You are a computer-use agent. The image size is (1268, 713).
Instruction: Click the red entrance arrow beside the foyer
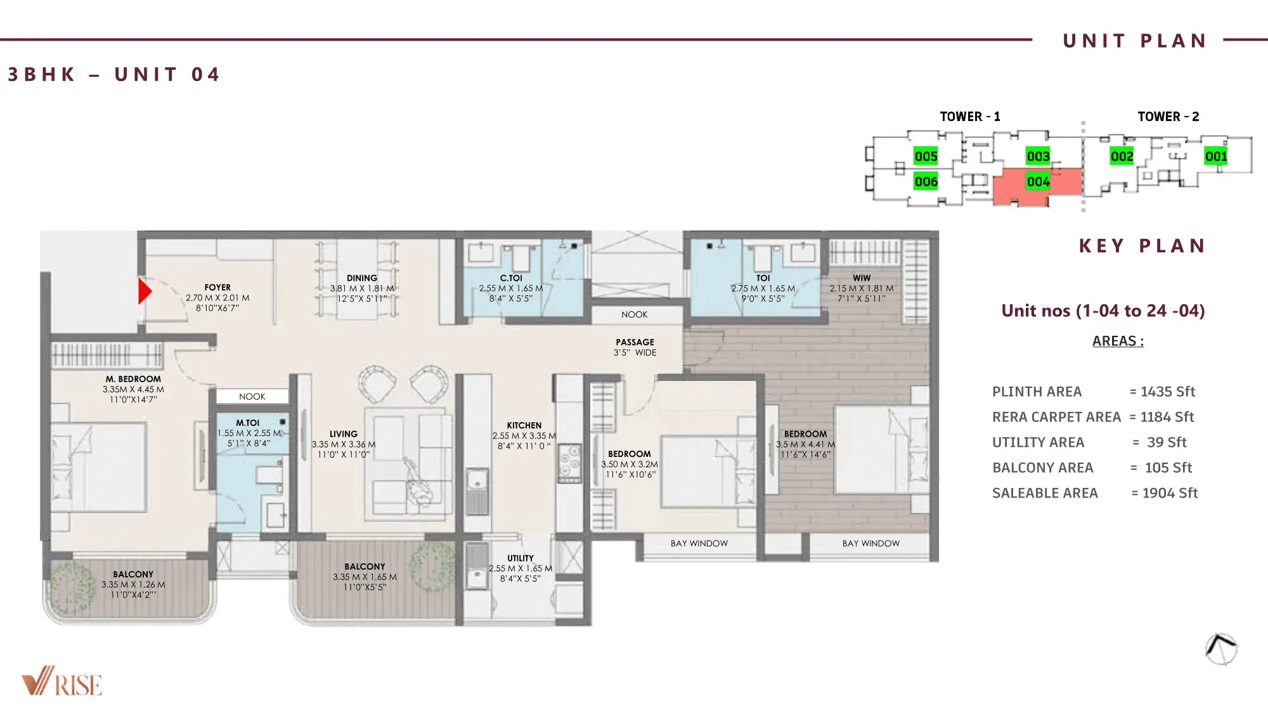click(145, 292)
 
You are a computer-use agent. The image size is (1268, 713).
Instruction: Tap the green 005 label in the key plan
click(926, 156)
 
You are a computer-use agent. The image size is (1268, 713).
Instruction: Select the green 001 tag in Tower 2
click(1216, 156)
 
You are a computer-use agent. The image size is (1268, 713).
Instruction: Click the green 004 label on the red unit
click(1038, 182)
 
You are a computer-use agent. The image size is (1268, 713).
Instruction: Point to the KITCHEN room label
click(524, 425)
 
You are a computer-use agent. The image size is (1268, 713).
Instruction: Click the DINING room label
click(362, 278)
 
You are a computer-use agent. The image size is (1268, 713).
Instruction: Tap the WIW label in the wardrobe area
click(862, 278)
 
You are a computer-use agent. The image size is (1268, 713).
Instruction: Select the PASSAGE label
click(635, 342)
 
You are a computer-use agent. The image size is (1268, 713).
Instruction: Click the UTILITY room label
click(521, 558)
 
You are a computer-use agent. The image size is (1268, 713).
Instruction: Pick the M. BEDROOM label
click(133, 379)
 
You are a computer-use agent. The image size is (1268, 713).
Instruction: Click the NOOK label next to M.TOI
click(252, 397)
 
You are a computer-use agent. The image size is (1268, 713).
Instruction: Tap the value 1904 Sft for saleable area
click(1170, 493)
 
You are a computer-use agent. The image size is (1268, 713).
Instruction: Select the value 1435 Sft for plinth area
click(1167, 392)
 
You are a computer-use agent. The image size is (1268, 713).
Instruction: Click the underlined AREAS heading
click(1118, 341)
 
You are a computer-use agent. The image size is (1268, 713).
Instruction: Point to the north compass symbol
click(1221, 649)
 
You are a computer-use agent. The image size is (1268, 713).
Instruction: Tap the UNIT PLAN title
click(1135, 41)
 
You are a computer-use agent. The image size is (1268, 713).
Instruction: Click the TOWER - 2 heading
click(1168, 117)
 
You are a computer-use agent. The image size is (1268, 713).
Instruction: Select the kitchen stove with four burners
click(569, 463)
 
